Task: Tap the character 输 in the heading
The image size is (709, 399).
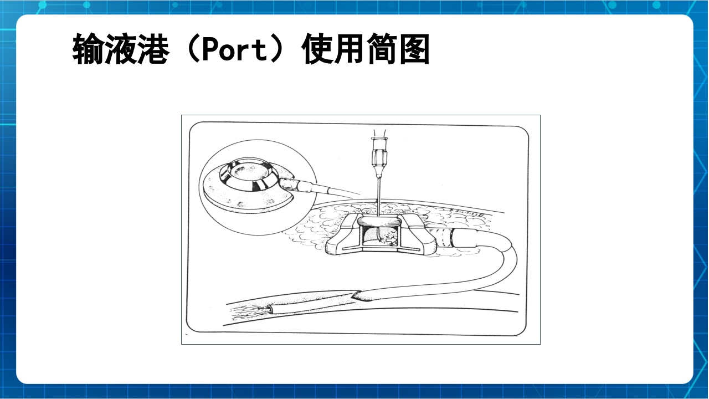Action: click(x=88, y=50)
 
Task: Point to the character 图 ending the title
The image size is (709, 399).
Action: click(x=413, y=50)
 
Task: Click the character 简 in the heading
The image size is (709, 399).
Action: click(x=382, y=50)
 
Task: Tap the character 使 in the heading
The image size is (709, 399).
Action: click(x=318, y=50)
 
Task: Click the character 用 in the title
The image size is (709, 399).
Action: click(x=350, y=50)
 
